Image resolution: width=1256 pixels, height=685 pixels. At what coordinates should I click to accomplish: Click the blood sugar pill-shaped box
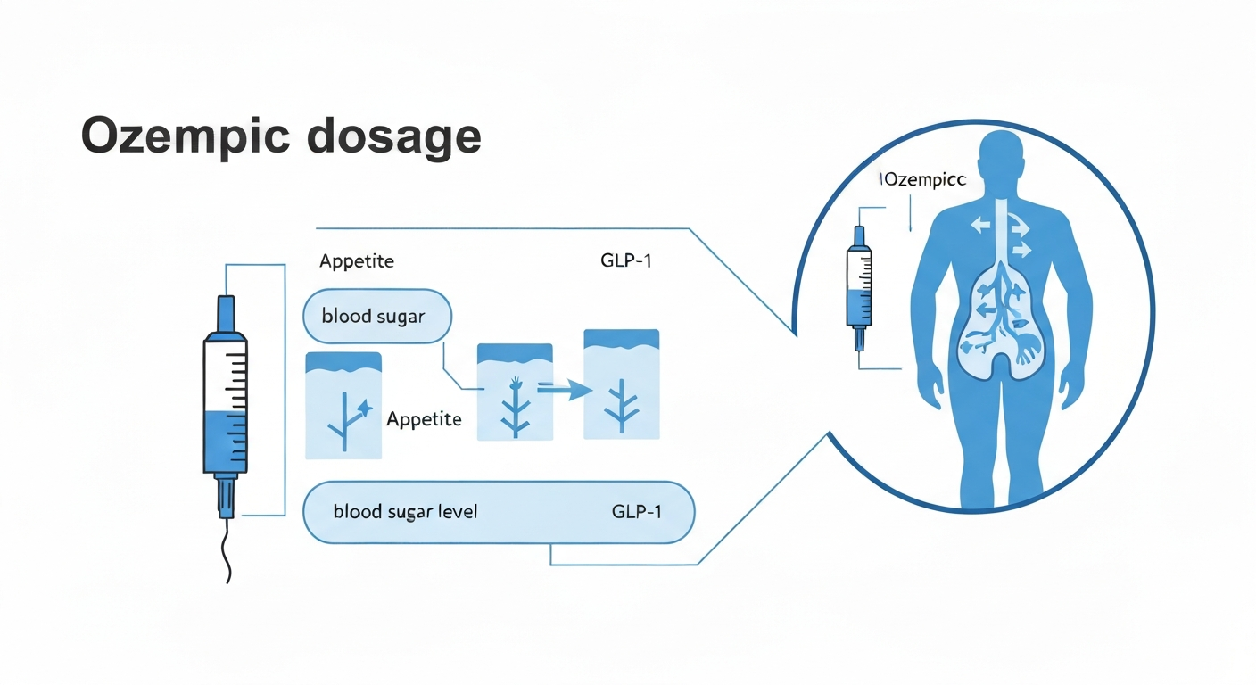pos(377,317)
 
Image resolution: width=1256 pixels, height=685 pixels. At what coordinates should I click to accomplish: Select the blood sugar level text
pos(405,512)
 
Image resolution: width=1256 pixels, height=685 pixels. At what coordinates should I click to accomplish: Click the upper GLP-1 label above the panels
pos(626,262)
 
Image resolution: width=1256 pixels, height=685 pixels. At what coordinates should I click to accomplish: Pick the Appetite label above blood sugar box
pos(356,262)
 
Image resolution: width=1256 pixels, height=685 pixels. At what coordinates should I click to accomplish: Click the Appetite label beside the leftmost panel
pos(424,419)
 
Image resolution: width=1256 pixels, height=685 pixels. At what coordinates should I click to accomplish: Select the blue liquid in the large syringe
pos(226,441)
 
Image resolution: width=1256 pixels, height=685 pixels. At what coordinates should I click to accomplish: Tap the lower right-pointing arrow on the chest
pos(1021,248)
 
